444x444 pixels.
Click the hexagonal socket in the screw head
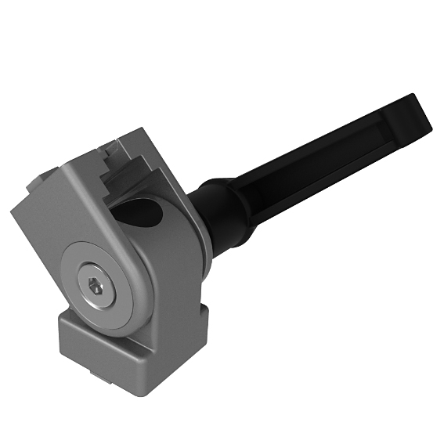[x=96, y=289]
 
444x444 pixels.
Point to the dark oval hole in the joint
[x=141, y=214]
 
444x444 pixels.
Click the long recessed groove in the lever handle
[x=329, y=157]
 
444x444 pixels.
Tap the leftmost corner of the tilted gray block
[x=13, y=211]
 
